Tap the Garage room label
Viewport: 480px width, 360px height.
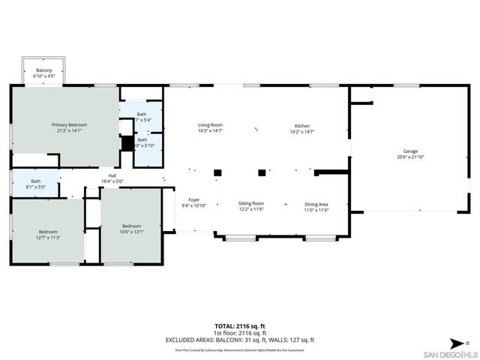tap(411, 151)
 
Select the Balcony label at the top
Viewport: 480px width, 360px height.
tap(44, 70)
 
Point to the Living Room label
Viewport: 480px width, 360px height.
tap(210, 125)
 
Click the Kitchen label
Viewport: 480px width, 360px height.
tap(302, 125)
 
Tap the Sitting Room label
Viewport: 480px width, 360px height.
tap(251, 203)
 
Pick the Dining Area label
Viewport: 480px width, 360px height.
tap(316, 203)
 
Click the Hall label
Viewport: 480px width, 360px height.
tap(112, 175)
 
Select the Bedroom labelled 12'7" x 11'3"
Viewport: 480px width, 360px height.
tap(48, 232)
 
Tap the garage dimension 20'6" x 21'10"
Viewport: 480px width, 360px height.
tap(411, 157)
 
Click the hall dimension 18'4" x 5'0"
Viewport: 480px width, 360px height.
tap(112, 181)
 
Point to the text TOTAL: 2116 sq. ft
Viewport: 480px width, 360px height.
tap(239, 325)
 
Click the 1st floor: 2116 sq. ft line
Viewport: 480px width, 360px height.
tap(239, 332)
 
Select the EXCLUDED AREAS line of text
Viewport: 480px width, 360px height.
tap(239, 339)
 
